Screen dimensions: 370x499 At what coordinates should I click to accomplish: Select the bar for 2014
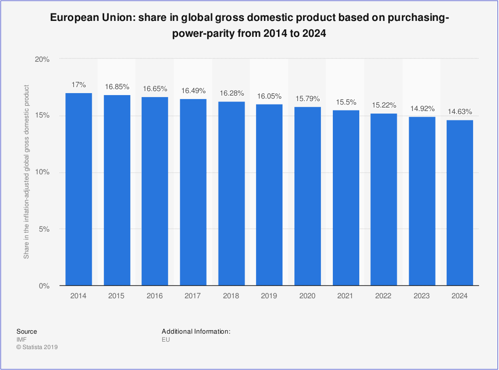pyautogui.click(x=78, y=189)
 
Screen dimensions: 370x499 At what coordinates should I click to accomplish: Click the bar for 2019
pyautogui.click(x=269, y=195)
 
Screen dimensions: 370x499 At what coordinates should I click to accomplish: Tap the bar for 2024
pyautogui.click(x=460, y=203)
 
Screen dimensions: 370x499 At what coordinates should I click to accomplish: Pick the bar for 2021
pyautogui.click(x=345, y=198)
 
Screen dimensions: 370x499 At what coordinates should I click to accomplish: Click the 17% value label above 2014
pyautogui.click(x=78, y=85)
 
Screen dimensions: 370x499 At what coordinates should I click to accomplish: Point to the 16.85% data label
pyautogui.click(x=117, y=87)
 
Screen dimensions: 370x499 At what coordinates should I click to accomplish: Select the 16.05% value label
pyautogui.click(x=269, y=96)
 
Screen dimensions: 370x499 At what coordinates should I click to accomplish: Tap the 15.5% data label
pyautogui.click(x=345, y=102)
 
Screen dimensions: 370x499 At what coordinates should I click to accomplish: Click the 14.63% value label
pyautogui.click(x=460, y=112)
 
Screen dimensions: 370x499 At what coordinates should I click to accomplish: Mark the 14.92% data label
pyautogui.click(x=422, y=109)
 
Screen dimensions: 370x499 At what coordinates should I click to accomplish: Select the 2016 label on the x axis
pyautogui.click(x=155, y=296)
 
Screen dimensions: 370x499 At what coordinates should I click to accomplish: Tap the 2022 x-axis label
pyautogui.click(x=383, y=296)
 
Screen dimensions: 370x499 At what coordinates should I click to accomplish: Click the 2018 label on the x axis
pyautogui.click(x=231, y=296)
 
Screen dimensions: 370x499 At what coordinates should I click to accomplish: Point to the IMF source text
pyautogui.click(x=21, y=340)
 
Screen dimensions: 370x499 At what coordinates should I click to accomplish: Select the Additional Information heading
pyautogui.click(x=196, y=331)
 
